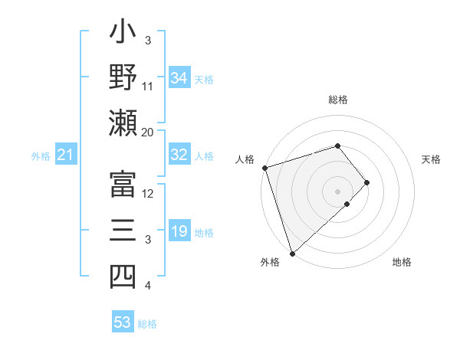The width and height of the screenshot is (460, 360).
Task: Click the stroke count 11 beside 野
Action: [148, 86]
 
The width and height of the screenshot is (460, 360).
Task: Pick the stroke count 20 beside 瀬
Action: [148, 132]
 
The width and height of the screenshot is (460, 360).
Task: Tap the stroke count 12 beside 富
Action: [148, 193]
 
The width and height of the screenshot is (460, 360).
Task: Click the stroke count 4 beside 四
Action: [148, 286]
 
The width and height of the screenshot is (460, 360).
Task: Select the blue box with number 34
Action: [179, 78]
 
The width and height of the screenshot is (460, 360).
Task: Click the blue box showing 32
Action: [179, 155]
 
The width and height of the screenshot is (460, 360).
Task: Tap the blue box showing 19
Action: [179, 231]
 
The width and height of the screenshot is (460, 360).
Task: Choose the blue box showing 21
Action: [65, 155]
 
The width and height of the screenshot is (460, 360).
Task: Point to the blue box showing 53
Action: [123, 322]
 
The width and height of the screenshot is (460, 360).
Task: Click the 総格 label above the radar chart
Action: [337, 100]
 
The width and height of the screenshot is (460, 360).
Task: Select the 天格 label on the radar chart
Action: [432, 160]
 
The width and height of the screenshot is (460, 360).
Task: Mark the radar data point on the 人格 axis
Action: [264, 167]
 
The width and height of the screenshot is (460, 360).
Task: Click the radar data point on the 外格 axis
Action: [293, 252]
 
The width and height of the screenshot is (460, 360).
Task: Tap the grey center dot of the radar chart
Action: [337, 190]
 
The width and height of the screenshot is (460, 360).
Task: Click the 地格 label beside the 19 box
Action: [204, 232]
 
